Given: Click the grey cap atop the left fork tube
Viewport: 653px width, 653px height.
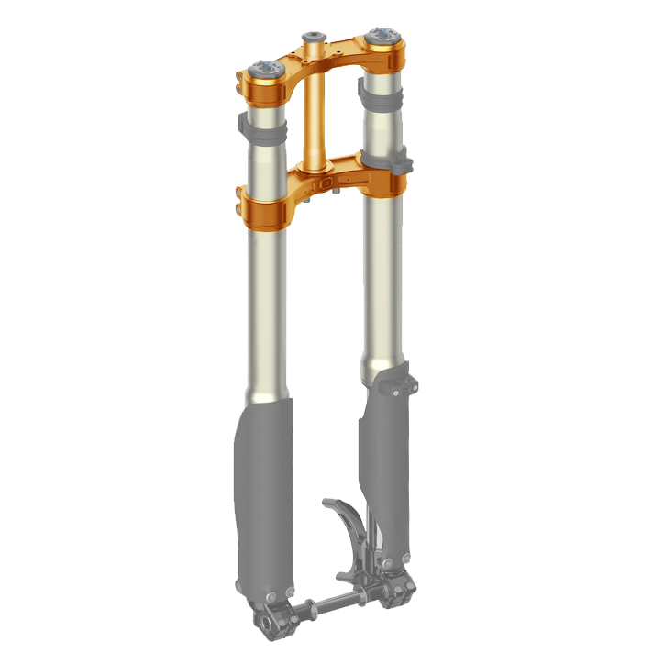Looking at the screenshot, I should (265, 69).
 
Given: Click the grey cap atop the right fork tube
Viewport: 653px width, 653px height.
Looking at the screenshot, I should (382, 37).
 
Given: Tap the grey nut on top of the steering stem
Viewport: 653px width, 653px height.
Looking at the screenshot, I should (314, 37).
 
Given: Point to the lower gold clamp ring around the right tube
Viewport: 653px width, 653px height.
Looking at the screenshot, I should (384, 183).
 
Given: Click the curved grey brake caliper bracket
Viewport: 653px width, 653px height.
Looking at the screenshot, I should (344, 523).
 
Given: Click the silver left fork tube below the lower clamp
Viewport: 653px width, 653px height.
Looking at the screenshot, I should (266, 312).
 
